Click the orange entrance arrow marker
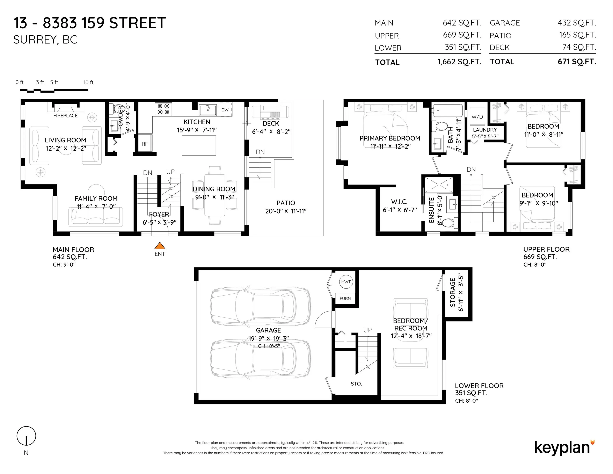tap(160, 246)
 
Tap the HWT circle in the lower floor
tap(346, 282)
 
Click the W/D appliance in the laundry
tap(477, 116)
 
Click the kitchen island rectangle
tap(199, 145)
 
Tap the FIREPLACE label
tap(65, 116)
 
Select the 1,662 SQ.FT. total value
tap(459, 62)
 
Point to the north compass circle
tap(26, 436)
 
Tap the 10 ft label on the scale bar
tap(88, 82)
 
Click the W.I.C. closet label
tap(399, 202)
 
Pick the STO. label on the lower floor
tap(356, 383)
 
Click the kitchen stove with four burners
tap(163, 109)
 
